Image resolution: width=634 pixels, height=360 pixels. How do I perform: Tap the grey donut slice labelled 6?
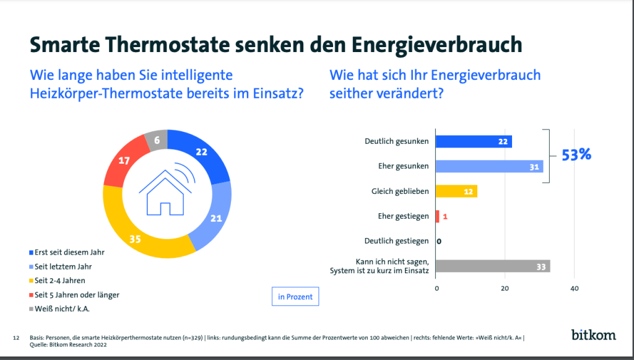click(156, 141)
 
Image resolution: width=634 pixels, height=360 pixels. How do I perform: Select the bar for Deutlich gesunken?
click(474, 141)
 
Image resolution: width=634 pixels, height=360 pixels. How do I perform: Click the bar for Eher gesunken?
click(489, 167)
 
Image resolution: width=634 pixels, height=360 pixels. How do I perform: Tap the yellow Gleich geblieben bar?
click(456, 191)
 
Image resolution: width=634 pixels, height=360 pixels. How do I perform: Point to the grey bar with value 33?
click(493, 266)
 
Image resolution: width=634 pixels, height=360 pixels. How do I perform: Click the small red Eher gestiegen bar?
click(438, 216)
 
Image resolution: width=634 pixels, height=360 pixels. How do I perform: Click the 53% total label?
click(576, 155)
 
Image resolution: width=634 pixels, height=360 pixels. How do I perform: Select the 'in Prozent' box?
click(295, 297)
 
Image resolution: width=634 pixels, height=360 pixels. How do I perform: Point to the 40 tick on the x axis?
click(574, 289)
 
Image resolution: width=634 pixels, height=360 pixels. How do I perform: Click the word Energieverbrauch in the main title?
click(436, 45)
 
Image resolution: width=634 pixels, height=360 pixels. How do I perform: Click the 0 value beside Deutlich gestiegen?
click(439, 242)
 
